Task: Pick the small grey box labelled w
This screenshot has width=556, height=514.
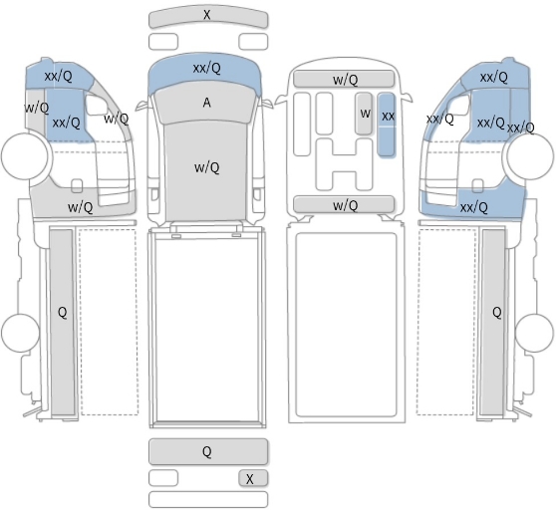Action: (x=364, y=114)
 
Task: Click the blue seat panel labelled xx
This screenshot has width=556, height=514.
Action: (x=387, y=125)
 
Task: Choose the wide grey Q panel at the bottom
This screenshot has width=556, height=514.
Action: (x=208, y=451)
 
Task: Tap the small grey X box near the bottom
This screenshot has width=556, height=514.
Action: (x=253, y=478)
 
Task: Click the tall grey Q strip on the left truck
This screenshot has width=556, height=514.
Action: (x=62, y=322)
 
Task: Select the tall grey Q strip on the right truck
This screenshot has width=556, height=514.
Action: (x=493, y=322)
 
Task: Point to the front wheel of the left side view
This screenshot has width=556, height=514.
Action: (x=25, y=156)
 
